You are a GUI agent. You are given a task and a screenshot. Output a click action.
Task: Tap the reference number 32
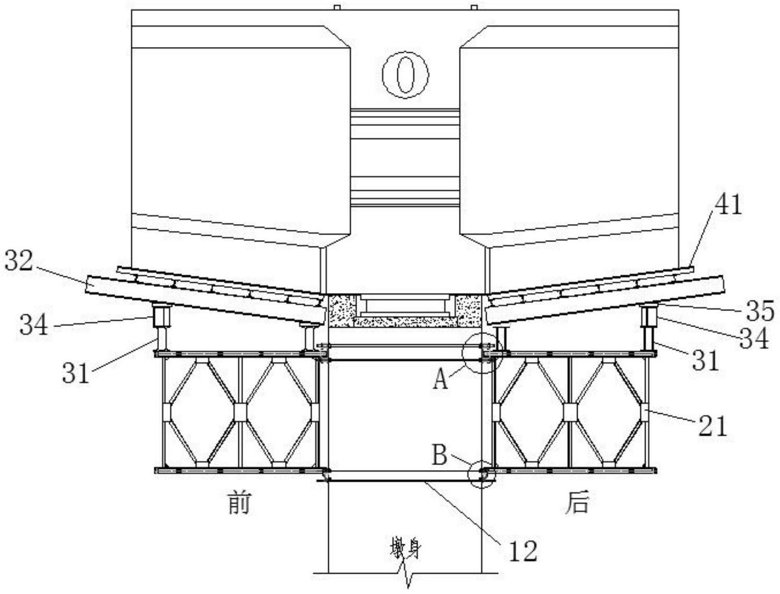(20, 261)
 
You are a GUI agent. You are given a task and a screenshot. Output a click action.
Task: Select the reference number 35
(760, 311)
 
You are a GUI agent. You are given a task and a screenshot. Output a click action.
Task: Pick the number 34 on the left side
(33, 325)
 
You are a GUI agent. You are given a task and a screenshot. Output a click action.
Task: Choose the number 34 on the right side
(754, 339)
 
